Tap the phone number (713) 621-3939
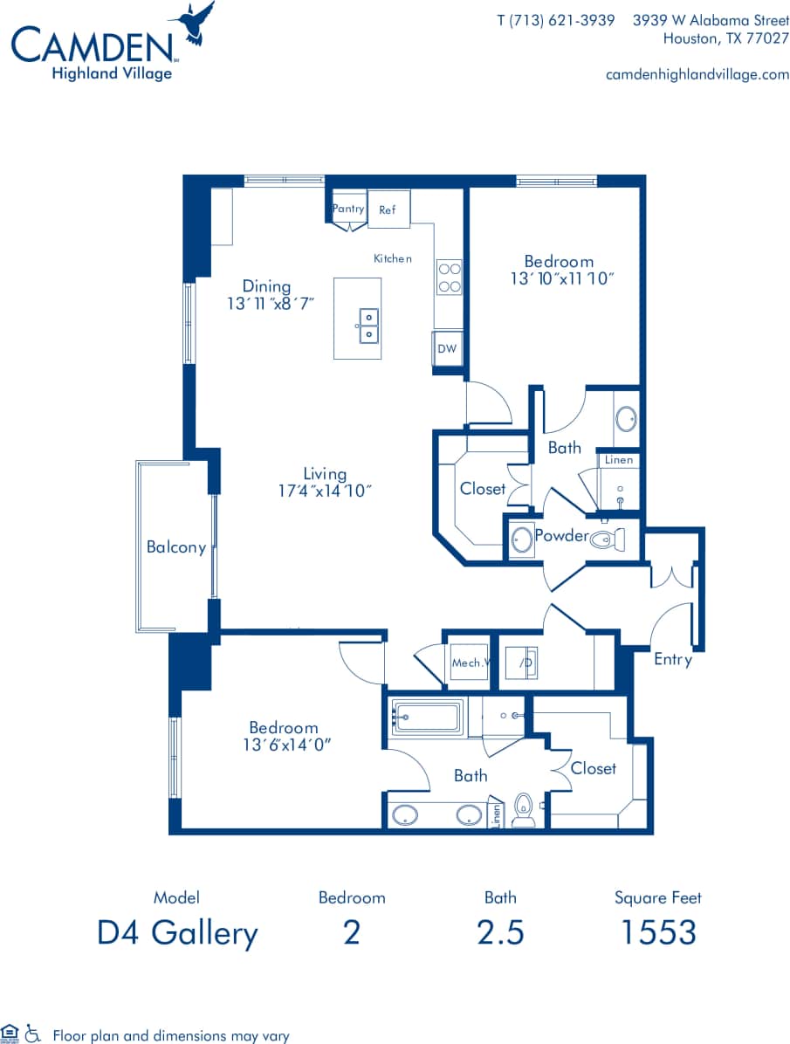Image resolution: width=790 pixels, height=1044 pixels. [555, 20]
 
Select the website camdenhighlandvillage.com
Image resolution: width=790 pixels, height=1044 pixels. [697, 74]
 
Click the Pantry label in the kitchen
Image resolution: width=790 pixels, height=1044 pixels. [348, 209]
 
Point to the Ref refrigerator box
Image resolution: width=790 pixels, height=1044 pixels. [388, 210]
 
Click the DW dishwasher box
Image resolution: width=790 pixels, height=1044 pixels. [447, 349]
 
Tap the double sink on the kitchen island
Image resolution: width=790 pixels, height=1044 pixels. [368, 323]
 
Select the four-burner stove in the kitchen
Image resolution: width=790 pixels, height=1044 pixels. [449, 278]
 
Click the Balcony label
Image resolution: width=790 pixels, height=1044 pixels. [175, 547]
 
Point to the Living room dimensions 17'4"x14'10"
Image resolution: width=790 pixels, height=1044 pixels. [325, 491]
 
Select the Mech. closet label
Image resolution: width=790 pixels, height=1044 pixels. [468, 663]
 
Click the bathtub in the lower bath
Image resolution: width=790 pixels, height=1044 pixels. [427, 718]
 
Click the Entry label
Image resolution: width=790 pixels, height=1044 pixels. [672, 659]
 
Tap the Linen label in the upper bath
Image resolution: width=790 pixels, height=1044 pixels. [619, 460]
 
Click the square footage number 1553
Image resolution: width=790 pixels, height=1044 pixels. [657, 932]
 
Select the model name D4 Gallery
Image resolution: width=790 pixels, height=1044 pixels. [177, 932]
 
